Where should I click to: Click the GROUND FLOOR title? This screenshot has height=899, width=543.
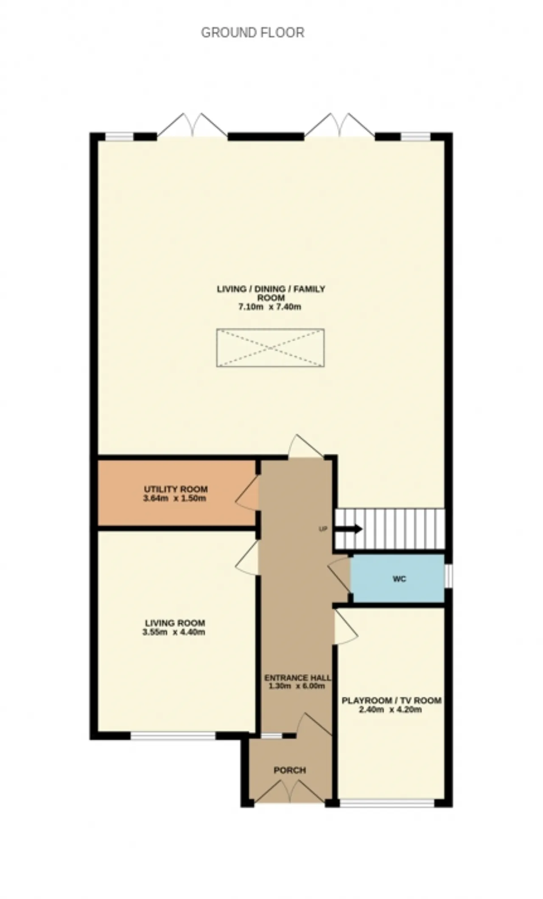point(252,33)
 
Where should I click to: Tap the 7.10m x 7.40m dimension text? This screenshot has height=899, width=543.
point(270,307)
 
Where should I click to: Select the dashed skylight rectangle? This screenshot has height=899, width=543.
point(271,348)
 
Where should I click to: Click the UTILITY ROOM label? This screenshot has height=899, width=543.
point(176,489)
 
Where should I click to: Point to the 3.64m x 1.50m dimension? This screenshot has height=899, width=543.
point(175,498)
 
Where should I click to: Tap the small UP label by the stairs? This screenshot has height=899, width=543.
point(323,529)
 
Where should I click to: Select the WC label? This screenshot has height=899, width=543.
point(399,579)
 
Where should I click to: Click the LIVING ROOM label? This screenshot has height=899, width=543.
point(175,623)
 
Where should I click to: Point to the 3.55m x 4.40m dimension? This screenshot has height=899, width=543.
point(174,632)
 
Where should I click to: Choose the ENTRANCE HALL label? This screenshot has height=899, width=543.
point(297,678)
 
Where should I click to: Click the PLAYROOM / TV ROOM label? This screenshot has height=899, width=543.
point(392,701)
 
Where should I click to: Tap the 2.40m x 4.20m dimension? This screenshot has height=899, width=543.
point(390,709)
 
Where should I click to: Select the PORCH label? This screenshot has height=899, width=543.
point(290,770)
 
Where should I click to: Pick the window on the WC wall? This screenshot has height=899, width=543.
point(448,576)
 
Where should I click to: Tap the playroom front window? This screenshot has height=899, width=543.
point(387,803)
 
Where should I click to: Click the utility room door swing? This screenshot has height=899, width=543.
point(247,493)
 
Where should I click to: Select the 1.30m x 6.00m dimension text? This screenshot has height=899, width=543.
point(297,686)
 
